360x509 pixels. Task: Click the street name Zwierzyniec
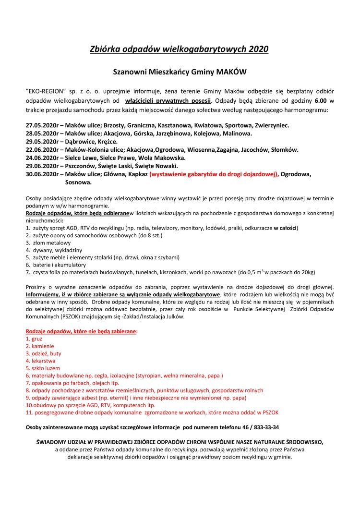point(268,125)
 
